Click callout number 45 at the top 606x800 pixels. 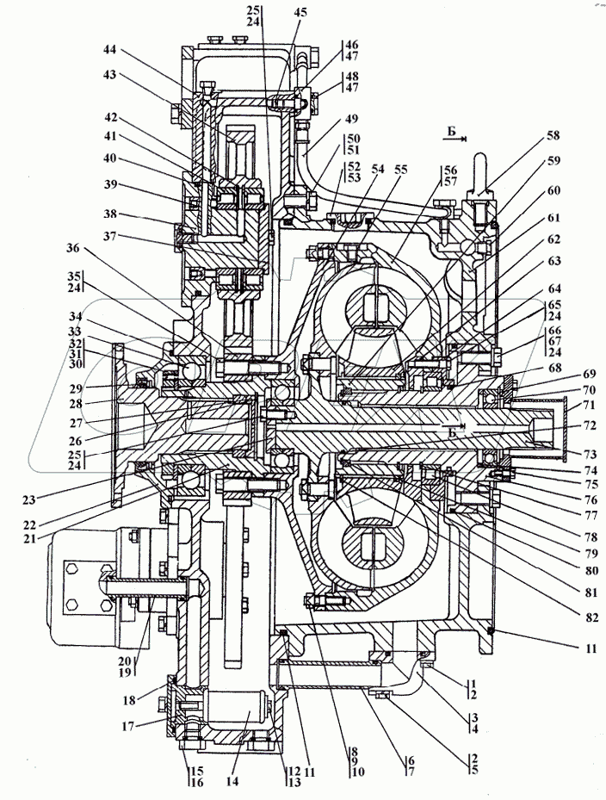coord(299,12)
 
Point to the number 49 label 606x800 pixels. coord(352,119)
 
